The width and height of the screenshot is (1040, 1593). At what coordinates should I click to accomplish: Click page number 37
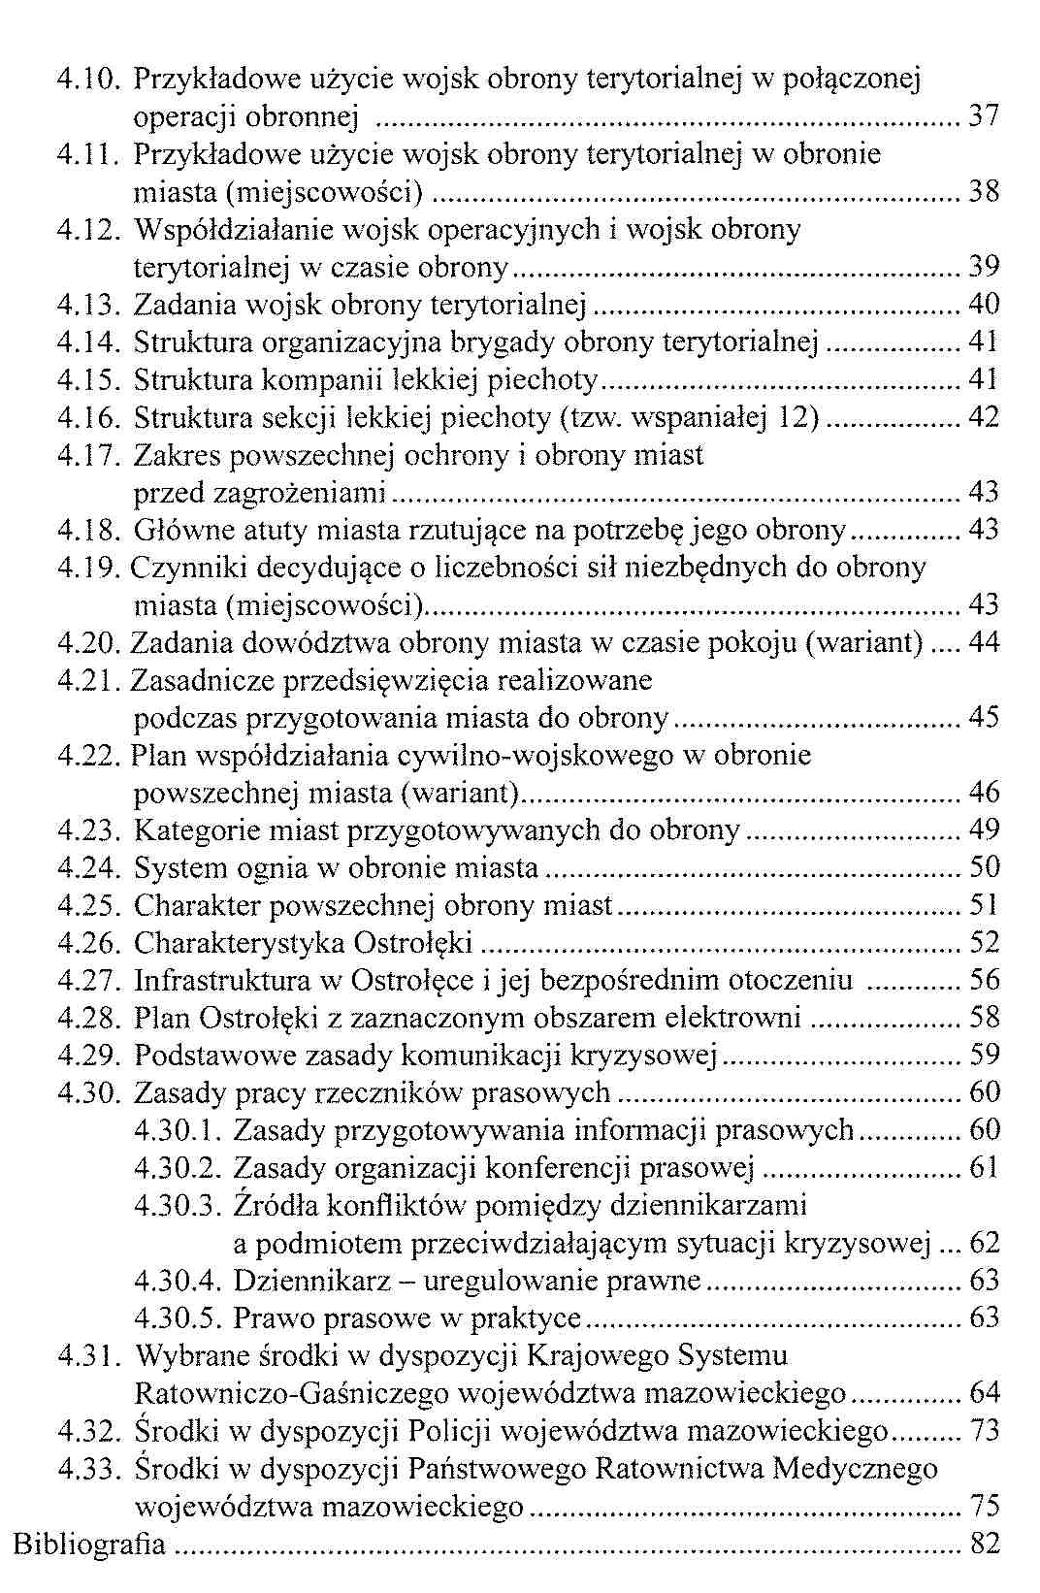tap(984, 116)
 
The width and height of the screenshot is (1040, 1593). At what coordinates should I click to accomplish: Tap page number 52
tap(984, 943)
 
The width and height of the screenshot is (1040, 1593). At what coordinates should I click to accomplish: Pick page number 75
tap(984, 1507)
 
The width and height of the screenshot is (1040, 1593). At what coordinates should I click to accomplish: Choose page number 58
tap(984, 1019)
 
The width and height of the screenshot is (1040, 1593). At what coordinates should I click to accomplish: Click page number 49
tap(984, 830)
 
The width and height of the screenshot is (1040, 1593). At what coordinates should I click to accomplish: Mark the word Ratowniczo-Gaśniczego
tap(291, 1394)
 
